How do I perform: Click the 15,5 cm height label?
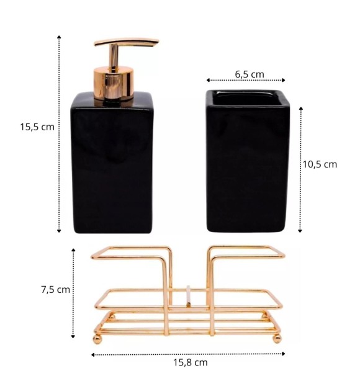click(37, 127)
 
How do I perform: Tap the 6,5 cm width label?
click(250, 74)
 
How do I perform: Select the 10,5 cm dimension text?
click(320, 164)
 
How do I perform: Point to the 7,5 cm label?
click(56, 290)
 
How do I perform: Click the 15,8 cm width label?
click(190, 362)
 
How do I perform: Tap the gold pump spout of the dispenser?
click(126, 42)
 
